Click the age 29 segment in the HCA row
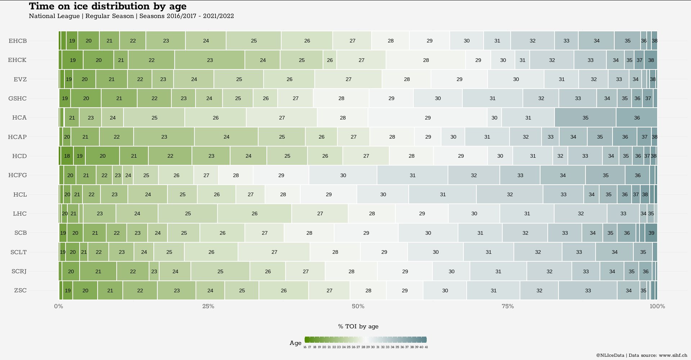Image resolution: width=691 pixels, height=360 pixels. pos(427,118)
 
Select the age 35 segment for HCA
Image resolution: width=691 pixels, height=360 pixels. pos(585,118)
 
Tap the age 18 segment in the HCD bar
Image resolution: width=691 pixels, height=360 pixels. pos(67,156)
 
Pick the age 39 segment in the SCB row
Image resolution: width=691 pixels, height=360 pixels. pos(651,233)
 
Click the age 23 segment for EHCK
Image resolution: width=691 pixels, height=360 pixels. pos(210,60)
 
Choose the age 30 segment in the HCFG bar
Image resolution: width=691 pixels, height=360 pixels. pos(343,175)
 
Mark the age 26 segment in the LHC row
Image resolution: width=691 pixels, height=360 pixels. pos(254,213)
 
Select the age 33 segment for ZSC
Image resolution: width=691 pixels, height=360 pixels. pos(588,291)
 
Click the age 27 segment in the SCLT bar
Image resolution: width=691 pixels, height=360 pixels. pos(274,252)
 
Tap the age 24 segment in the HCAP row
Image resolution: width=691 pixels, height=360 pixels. pos(226,137)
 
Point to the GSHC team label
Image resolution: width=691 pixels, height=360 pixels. pos(17,98)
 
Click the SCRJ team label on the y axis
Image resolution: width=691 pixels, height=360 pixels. pos(19,271)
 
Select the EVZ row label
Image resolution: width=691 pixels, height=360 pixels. pos(20,79)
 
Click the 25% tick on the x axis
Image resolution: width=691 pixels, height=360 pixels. pos(208,306)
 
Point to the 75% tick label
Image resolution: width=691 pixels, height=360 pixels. pos(508,306)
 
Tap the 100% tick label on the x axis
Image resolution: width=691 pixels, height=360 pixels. pos(657,306)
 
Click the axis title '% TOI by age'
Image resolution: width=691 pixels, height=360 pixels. pos(358,327)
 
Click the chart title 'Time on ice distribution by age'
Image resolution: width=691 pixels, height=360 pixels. pos(108,6)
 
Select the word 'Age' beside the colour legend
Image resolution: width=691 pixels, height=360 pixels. pos(295,343)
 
